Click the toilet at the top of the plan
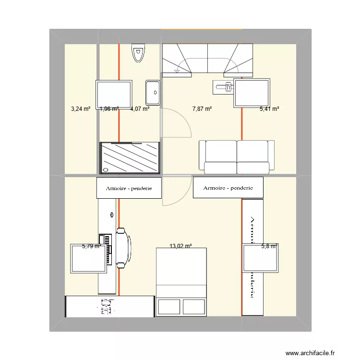138,53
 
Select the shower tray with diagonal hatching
130,157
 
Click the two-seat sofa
237,156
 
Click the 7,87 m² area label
202,109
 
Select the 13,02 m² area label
180,246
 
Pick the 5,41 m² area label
269,109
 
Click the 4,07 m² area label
140,109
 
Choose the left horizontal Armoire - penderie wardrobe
129,188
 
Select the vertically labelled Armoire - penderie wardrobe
252,257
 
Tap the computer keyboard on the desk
107,249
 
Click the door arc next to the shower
176,126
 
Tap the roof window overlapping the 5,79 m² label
89,259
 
